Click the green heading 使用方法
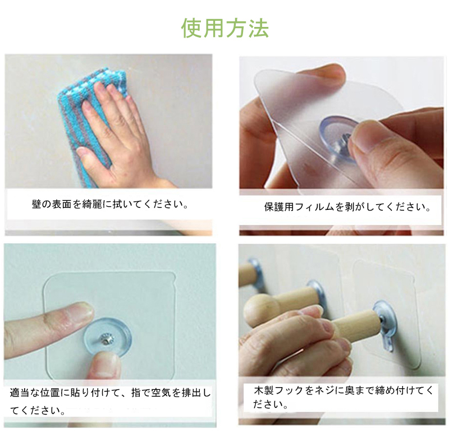(225, 28)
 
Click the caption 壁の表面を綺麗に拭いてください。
(110, 204)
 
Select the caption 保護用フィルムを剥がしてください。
(347, 206)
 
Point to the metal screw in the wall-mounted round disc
(105, 339)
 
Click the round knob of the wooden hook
(260, 311)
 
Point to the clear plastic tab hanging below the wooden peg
(387, 343)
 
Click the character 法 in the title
(258, 28)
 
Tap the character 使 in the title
(192, 28)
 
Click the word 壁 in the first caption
(36, 204)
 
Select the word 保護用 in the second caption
(278, 206)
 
